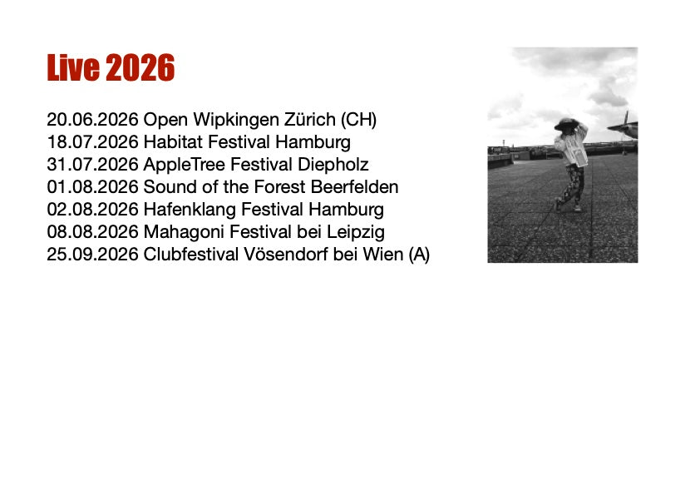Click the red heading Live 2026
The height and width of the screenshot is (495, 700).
pyautogui.click(x=111, y=67)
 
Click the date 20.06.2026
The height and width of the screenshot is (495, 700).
pyautogui.click(x=92, y=120)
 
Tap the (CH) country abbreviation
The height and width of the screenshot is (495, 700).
pyautogui.click(x=359, y=120)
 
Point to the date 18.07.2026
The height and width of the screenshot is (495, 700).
pyautogui.click(x=92, y=142)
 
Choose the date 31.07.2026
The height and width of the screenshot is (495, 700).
pyautogui.click(x=92, y=165)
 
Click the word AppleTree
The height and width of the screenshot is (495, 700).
pyautogui.click(x=184, y=166)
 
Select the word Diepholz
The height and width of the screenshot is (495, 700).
pyautogui.click(x=333, y=166)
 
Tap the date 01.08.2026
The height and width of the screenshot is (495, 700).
pyautogui.click(x=92, y=186)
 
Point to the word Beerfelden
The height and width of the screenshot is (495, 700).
pyautogui.click(x=354, y=186)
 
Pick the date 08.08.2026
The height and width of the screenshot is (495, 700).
pyautogui.click(x=92, y=232)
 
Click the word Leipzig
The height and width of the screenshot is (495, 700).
pyautogui.click(x=355, y=233)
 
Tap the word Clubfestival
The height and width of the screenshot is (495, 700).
pyautogui.click(x=191, y=255)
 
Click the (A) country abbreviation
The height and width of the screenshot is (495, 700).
pyautogui.click(x=419, y=255)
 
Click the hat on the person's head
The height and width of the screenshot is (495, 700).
pyautogui.click(x=565, y=123)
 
